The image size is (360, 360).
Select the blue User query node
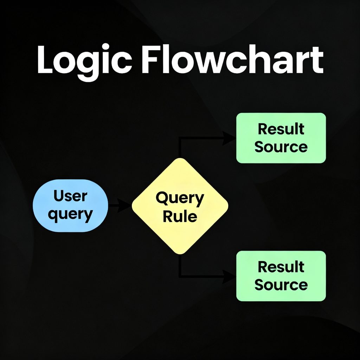coord(70,205)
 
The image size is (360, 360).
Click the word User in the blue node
coord(70,196)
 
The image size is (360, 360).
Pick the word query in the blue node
coord(70,214)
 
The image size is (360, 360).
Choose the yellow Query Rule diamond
coord(180,206)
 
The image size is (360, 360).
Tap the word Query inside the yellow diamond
coord(180,199)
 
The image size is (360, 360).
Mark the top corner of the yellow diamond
coord(180,159)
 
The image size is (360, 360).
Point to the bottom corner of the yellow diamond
coord(180,253)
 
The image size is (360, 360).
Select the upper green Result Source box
coord(281,138)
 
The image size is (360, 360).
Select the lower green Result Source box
coord(281,276)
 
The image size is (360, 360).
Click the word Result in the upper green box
coord(281,129)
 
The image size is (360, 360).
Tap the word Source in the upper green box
coord(281,147)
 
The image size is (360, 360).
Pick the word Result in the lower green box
coord(281,267)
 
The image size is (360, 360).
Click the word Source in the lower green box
coord(281,285)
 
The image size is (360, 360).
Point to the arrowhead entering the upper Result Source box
coord(230,138)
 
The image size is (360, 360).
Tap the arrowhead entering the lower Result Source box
coord(230,276)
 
